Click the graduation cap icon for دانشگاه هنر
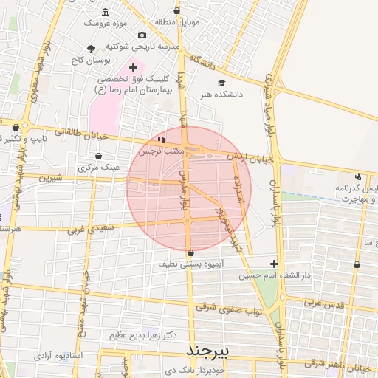point(221,83)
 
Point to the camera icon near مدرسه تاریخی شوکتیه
point(142,35)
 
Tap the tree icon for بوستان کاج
point(91,49)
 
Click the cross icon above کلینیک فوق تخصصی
point(133,67)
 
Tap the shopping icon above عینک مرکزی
point(100,157)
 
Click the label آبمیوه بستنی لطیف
point(190,263)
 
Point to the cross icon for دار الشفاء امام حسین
point(274,264)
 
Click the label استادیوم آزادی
point(62,357)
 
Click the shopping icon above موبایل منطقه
point(176,11)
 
